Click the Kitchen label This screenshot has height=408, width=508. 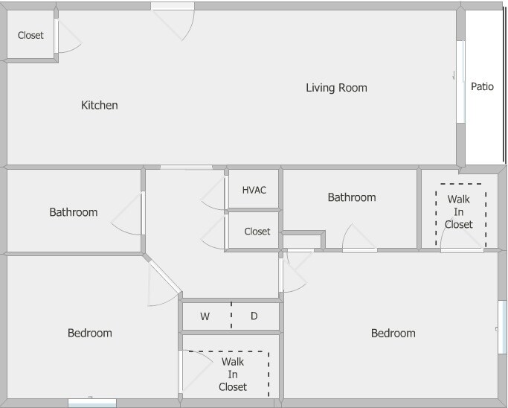(x=99, y=105)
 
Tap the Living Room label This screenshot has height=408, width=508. (x=336, y=88)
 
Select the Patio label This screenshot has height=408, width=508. (x=482, y=86)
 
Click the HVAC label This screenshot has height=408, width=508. (x=254, y=190)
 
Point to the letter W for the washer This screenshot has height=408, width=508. (x=205, y=316)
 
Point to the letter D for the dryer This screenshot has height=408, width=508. (x=254, y=316)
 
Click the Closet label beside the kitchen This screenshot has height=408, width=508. (x=30, y=35)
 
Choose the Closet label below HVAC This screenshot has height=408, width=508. (x=257, y=232)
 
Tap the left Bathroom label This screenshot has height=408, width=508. (x=73, y=212)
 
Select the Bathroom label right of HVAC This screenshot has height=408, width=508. (x=352, y=197)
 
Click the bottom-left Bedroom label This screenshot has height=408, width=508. (x=89, y=333)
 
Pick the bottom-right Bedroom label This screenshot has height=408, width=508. (x=393, y=333)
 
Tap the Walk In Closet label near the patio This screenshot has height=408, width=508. (x=459, y=211)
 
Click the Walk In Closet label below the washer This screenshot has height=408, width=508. (x=232, y=374)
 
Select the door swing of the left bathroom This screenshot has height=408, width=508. (x=128, y=216)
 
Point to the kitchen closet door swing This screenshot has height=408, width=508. (x=68, y=37)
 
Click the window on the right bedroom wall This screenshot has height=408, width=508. (x=502, y=327)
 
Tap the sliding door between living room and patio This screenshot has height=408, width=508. (x=460, y=81)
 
